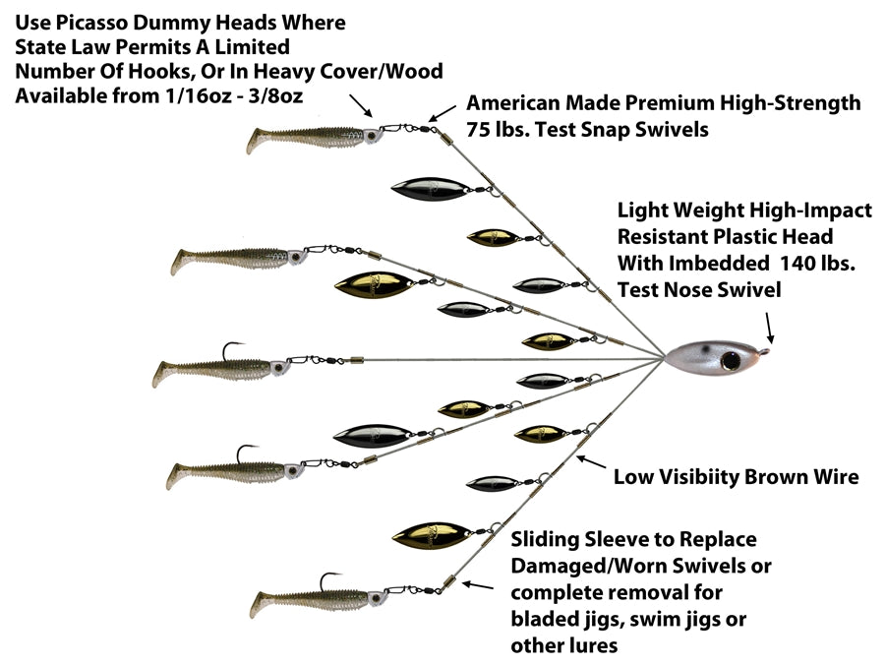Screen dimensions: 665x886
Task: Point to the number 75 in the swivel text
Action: tap(482, 130)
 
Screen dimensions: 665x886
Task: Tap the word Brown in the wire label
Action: tap(761, 477)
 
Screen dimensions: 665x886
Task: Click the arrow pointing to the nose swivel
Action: tap(768, 324)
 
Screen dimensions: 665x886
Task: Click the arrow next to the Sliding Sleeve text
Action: tap(478, 585)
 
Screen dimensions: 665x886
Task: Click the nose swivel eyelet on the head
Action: tap(771, 346)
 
